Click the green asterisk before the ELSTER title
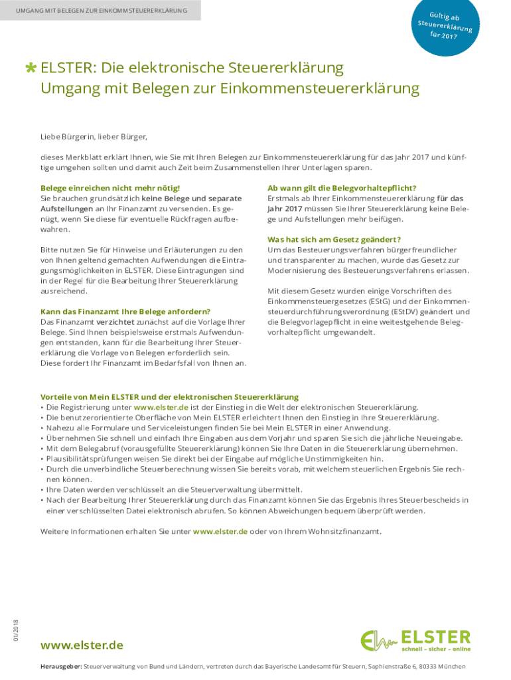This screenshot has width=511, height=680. pos(31,68)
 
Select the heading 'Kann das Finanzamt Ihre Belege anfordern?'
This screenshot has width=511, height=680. pos(125,311)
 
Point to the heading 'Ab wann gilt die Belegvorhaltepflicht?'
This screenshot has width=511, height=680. pos(342,189)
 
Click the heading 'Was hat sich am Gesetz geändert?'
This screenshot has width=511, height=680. pos(334,239)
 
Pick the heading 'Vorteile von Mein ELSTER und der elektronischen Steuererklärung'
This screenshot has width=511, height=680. pos(169,396)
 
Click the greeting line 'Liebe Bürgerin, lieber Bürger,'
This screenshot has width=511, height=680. pos(94,137)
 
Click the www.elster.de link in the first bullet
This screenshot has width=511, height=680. pos(161,407)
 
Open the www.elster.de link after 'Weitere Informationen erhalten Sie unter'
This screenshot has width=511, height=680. pos(220,532)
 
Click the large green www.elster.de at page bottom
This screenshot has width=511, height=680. pos(82,645)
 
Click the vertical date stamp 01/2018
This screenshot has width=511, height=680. pos(15,630)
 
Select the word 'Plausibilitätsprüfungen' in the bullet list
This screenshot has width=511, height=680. pos(84,459)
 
